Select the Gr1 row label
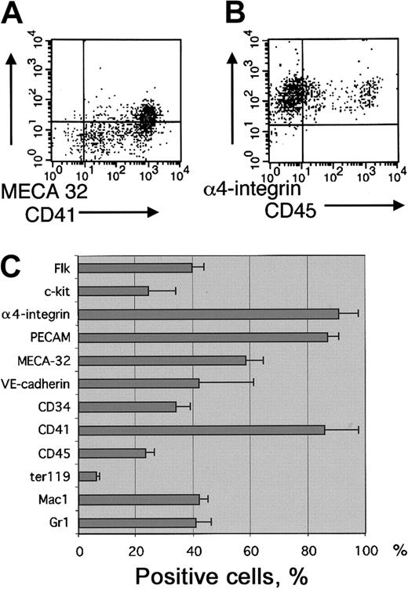[x=63, y=522]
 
